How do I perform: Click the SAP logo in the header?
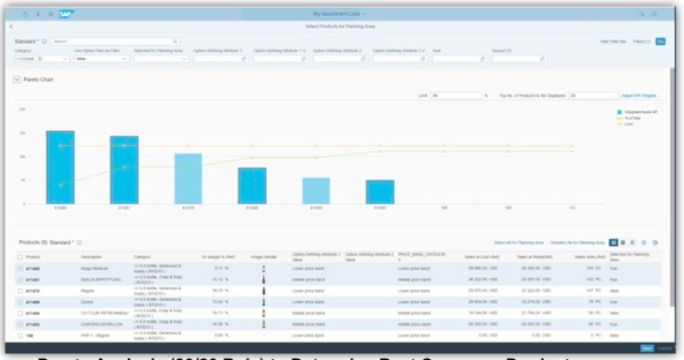(66, 15)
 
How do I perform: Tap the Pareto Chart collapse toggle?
(17, 80)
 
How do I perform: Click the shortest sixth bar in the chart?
(379, 192)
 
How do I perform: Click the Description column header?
(91, 256)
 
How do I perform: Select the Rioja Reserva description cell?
(93, 268)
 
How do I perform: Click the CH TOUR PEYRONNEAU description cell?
(102, 312)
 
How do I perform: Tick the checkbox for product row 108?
(21, 334)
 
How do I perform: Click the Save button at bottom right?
(647, 348)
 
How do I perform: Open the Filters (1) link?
(640, 42)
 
